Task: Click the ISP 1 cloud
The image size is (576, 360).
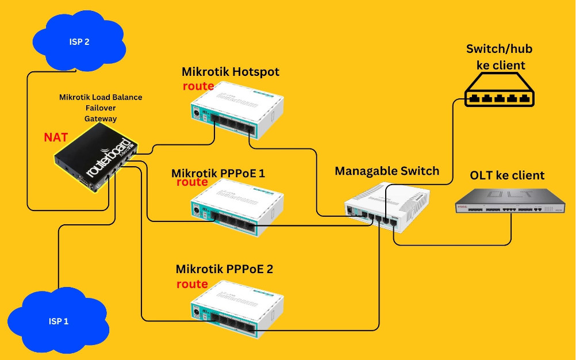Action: coord(58,321)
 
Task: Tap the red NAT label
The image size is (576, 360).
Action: coord(56,137)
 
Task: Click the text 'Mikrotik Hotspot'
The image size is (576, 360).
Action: coord(231,72)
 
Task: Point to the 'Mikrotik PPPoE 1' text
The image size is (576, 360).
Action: coord(218,173)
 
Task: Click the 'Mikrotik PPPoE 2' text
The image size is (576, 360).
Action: coord(224,269)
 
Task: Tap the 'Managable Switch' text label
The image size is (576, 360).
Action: coord(387,171)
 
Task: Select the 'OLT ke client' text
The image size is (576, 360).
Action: coord(507,175)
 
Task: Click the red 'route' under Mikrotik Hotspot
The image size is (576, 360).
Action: coord(198,86)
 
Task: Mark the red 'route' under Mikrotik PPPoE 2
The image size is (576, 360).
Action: coord(192,284)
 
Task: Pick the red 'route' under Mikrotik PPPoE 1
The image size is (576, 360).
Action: coord(192,182)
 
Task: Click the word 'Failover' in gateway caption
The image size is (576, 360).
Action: coord(101,108)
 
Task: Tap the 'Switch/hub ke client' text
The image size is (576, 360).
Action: coord(496,57)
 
